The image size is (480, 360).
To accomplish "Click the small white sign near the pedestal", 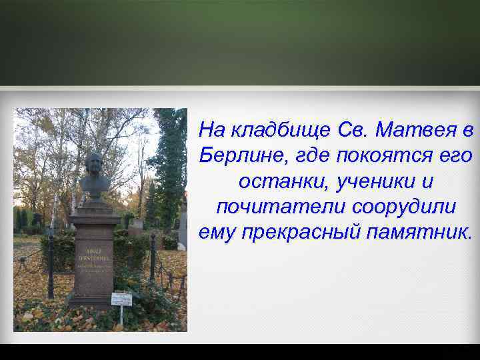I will click(122, 298).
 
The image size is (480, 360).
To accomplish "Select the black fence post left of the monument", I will click(50, 267).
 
